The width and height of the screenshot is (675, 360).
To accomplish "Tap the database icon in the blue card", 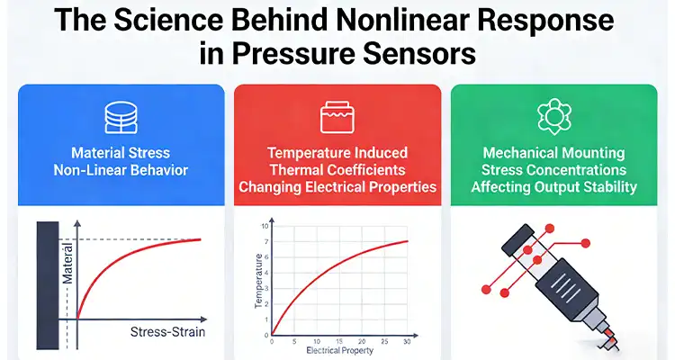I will coord(121,116).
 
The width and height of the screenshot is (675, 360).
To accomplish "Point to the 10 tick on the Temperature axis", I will coord(265,226).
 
